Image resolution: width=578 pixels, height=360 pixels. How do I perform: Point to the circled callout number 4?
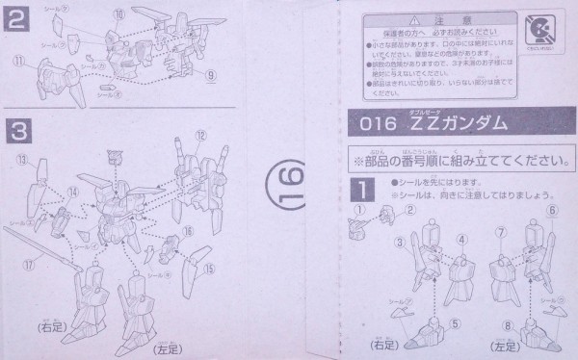pyautogui.click(x=462, y=238)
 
